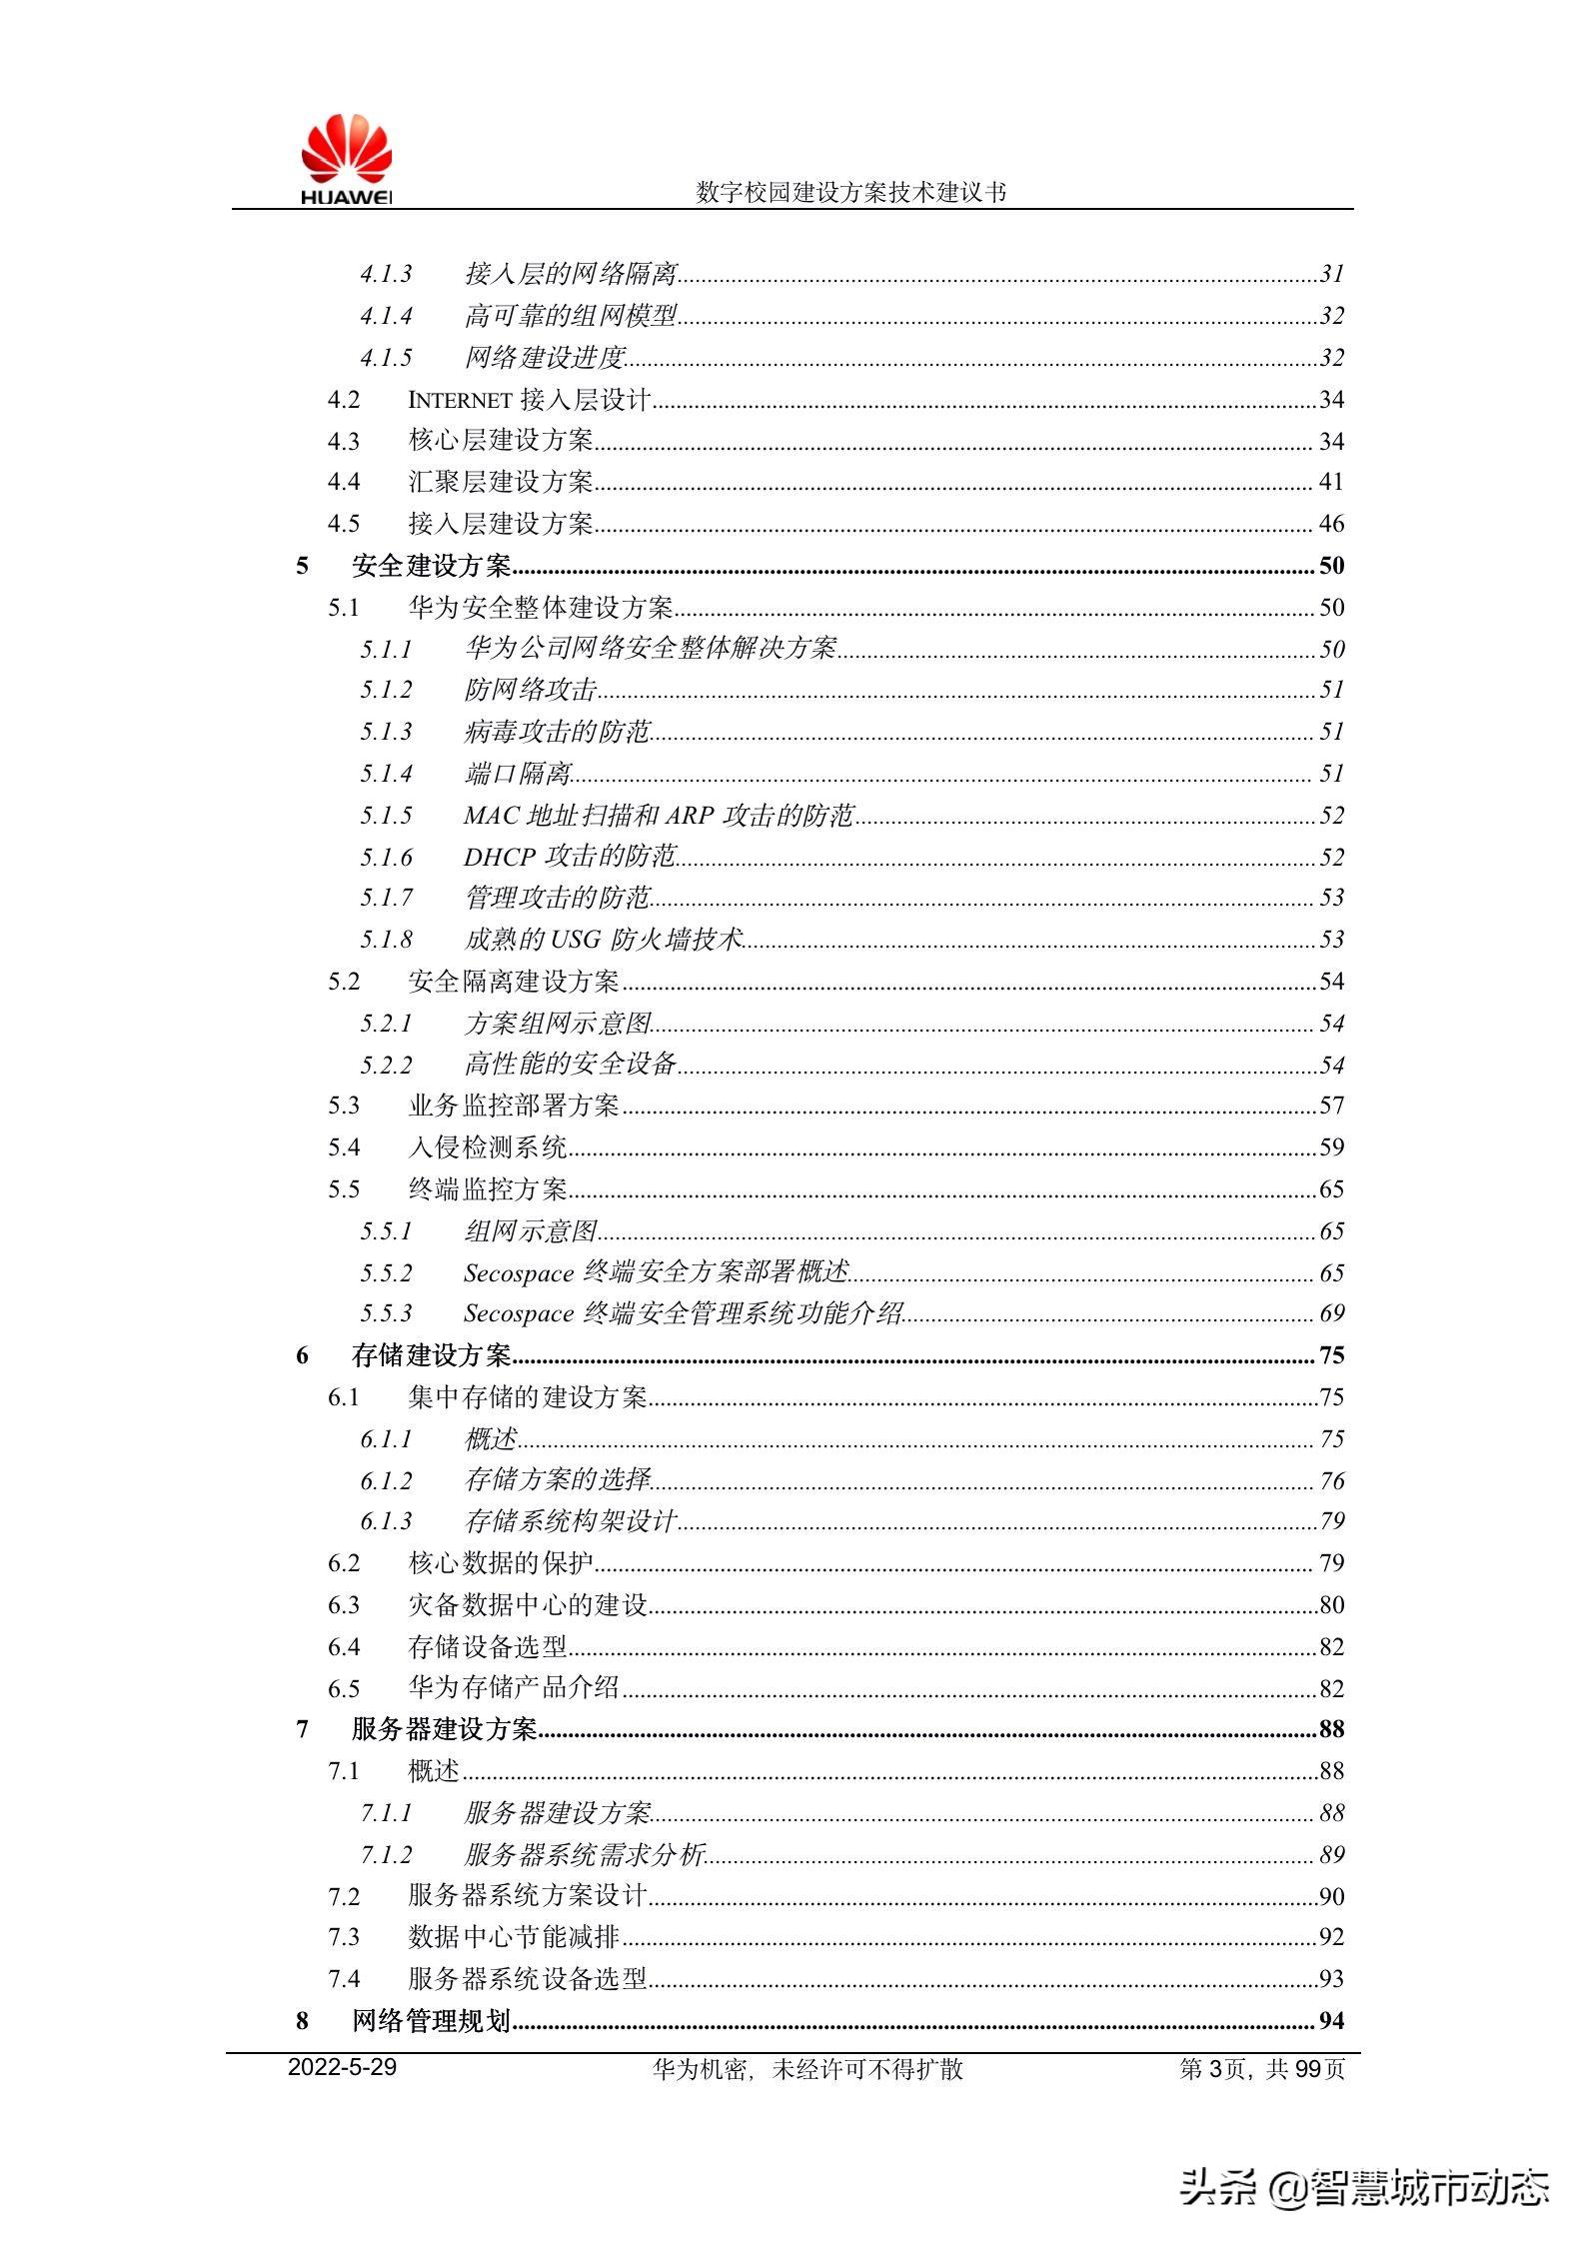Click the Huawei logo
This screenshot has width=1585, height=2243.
pyautogui.click(x=346, y=160)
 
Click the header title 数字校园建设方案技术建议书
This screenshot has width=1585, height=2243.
pyautogui.click(x=850, y=192)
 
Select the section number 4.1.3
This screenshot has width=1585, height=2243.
pyautogui.click(x=386, y=274)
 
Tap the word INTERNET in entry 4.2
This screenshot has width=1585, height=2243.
pyautogui.click(x=460, y=400)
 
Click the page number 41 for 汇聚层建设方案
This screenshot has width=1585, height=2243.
pyautogui.click(x=1331, y=482)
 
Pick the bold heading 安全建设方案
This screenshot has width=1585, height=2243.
pyautogui.click(x=431, y=566)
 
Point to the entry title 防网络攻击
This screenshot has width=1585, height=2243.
pyautogui.click(x=531, y=690)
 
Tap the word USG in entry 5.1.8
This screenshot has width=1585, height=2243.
pyautogui.click(x=577, y=940)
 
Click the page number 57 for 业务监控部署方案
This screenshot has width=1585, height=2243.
pyautogui.click(x=1331, y=1106)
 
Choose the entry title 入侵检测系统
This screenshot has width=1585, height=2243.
pyautogui.click(x=488, y=1147)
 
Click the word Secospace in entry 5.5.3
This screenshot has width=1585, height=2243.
pyautogui.click(x=519, y=1313)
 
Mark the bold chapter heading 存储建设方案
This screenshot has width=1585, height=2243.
pyautogui.click(x=431, y=1355)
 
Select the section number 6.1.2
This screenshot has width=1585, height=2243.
pyautogui.click(x=386, y=1480)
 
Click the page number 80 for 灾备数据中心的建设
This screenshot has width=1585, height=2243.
pyautogui.click(x=1331, y=1605)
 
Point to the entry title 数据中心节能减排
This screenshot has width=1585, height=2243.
pyautogui.click(x=514, y=1937)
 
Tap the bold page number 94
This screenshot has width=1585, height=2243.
pyautogui.click(x=1331, y=2021)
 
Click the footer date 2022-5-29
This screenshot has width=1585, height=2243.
pyautogui.click(x=342, y=2068)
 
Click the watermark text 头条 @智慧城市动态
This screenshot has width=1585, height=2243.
pyautogui.click(x=1364, y=2186)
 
